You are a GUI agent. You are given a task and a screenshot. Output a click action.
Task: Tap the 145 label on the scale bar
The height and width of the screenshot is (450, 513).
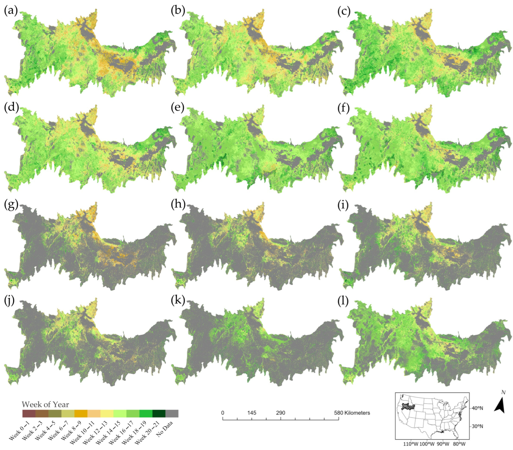[x=252, y=413]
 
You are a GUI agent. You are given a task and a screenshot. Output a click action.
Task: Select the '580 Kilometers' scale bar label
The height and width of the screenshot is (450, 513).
[x=352, y=413]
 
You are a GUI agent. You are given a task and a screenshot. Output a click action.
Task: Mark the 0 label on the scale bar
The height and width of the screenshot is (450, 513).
[x=223, y=413]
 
